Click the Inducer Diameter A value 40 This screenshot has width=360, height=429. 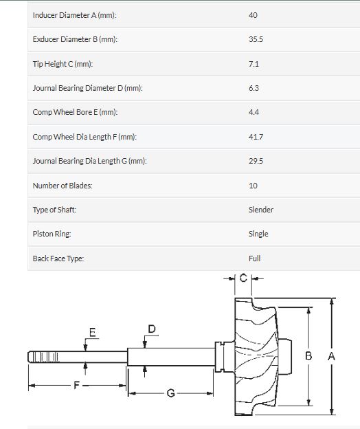[253, 15]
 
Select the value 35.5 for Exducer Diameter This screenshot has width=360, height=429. [256, 39]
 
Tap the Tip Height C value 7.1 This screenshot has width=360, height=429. [254, 64]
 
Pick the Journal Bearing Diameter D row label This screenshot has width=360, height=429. [87, 88]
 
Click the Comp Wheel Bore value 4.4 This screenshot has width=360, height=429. [254, 112]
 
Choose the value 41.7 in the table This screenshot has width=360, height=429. [256, 137]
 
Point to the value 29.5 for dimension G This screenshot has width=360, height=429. [256, 161]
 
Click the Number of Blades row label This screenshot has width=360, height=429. [63, 186]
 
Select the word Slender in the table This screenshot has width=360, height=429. [261, 210]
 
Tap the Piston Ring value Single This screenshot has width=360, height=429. [258, 234]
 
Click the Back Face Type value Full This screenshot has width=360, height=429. [254, 258]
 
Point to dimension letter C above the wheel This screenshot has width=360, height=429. [243, 278]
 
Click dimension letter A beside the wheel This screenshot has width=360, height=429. [331, 356]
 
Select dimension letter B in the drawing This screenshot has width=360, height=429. [308, 355]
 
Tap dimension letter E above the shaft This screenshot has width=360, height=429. [93, 332]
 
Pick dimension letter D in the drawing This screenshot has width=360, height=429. [152, 329]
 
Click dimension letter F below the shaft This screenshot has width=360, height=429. [76, 385]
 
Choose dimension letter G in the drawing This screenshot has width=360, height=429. [170, 393]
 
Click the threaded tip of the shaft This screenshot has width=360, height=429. [43, 357]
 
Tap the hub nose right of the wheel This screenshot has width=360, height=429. [284, 357]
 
